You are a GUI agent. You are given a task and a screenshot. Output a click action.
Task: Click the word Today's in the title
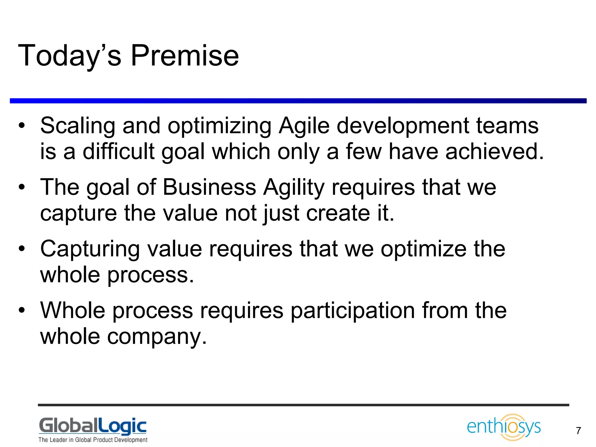70,56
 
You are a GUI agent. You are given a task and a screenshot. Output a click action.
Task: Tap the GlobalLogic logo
93,427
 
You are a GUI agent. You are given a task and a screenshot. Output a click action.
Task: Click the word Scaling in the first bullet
77,126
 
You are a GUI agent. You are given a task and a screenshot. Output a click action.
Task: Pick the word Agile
304,126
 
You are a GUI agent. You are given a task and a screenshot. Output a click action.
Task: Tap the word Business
209,187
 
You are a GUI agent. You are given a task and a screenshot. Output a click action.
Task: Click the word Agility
294,187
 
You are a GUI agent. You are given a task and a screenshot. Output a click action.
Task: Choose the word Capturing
90,249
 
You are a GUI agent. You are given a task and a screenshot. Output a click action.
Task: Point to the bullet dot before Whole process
22,310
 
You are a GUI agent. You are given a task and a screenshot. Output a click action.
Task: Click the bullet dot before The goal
22,187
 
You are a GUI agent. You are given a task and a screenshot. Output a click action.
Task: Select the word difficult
118,152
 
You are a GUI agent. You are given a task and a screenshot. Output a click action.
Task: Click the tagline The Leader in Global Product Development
93,440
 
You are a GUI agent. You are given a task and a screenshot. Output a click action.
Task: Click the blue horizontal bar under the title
298,101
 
